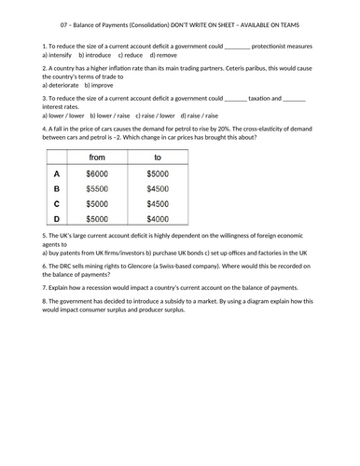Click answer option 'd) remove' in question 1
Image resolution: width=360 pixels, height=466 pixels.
(x=168, y=55)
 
